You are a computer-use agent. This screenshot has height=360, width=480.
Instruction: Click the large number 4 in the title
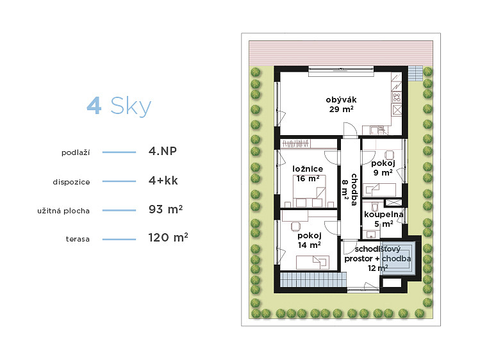tap(94, 106)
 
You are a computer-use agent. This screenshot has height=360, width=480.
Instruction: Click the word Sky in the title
tap(131, 107)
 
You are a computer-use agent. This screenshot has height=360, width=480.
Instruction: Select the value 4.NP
tap(163, 151)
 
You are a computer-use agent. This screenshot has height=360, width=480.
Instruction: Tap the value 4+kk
tap(163, 181)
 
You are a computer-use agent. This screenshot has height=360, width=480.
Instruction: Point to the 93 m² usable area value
tap(165, 209)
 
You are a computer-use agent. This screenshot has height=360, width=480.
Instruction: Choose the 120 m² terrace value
tap(168, 238)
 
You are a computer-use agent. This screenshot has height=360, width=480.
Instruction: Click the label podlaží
tap(76, 152)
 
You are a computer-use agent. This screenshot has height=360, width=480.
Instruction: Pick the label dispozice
tap(71, 182)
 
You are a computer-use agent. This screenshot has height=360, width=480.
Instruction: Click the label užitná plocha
tap(63, 211)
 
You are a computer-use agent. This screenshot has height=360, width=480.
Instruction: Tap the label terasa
tap(78, 239)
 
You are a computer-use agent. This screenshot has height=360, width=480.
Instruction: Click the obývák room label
tap(342, 104)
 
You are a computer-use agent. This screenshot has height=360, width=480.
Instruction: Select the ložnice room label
tap(308, 174)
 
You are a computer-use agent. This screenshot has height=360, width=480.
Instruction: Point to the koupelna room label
tap(384, 219)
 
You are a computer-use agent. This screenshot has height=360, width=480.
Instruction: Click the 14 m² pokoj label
tap(309, 240)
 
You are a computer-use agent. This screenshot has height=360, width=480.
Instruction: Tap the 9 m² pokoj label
tap(383, 168)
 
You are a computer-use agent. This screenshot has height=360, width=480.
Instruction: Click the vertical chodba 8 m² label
tap(350, 190)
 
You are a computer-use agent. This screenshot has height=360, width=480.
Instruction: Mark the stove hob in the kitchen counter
tap(397, 98)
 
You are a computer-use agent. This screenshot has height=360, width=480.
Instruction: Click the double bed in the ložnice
tap(309, 191)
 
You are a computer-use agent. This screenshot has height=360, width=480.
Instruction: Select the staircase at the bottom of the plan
tap(313, 280)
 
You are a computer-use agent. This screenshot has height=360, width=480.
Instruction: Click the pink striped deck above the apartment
tap(341, 53)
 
